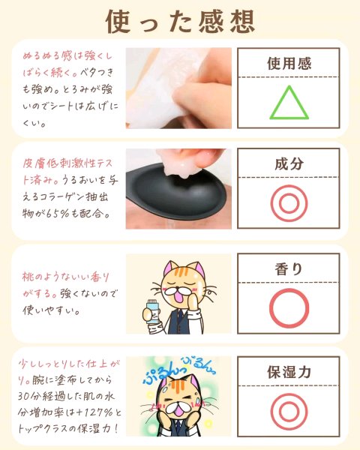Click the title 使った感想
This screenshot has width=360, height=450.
[x=180, y=22]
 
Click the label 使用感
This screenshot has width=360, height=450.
[x=289, y=64]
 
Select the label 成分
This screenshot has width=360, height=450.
[x=289, y=163]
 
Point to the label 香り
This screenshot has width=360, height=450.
[x=289, y=269]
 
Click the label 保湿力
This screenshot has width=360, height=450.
[x=289, y=372]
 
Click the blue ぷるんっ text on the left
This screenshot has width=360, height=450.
[x=160, y=373]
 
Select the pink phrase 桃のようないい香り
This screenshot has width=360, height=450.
[x=66, y=277]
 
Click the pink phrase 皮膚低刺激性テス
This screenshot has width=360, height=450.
[x=67, y=163]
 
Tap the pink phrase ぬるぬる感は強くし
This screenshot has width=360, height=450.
[x=67, y=56]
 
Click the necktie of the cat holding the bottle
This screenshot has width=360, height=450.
[x=180, y=318]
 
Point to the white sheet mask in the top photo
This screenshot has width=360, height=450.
[x=160, y=86]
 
